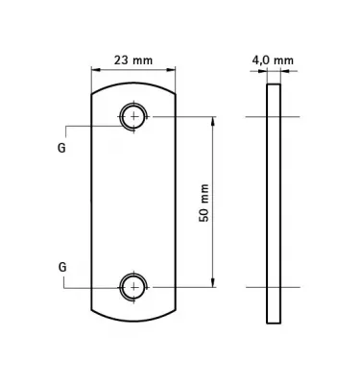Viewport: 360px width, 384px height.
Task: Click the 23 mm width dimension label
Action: [x=133, y=60]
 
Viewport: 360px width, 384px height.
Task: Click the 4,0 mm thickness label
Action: [x=273, y=60]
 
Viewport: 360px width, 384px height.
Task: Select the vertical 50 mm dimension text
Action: [x=204, y=203]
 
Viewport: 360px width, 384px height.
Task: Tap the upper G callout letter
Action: [x=61, y=149]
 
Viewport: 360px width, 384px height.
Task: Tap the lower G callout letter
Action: [x=61, y=267]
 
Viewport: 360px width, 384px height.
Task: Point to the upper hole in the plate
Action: [x=133, y=117]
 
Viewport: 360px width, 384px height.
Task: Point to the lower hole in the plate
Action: [x=133, y=286]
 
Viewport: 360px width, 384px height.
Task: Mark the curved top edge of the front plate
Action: [x=133, y=84]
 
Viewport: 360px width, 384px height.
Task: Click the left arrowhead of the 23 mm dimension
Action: [x=95, y=70]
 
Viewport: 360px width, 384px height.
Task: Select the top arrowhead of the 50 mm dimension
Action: [x=212, y=121]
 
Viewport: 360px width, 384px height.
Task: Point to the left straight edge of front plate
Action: [x=91, y=203]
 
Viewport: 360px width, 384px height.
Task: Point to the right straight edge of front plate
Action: [x=176, y=203]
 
